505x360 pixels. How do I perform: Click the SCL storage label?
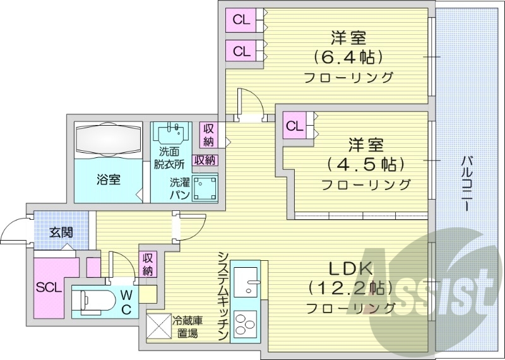pos(49,287)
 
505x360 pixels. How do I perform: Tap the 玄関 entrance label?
pos(61,232)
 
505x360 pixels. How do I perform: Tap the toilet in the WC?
pos(95,301)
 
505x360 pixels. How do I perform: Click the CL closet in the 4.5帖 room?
pos(294,126)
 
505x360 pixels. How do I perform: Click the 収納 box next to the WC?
pos(148,264)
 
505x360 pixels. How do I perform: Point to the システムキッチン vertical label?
pos(223,297)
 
